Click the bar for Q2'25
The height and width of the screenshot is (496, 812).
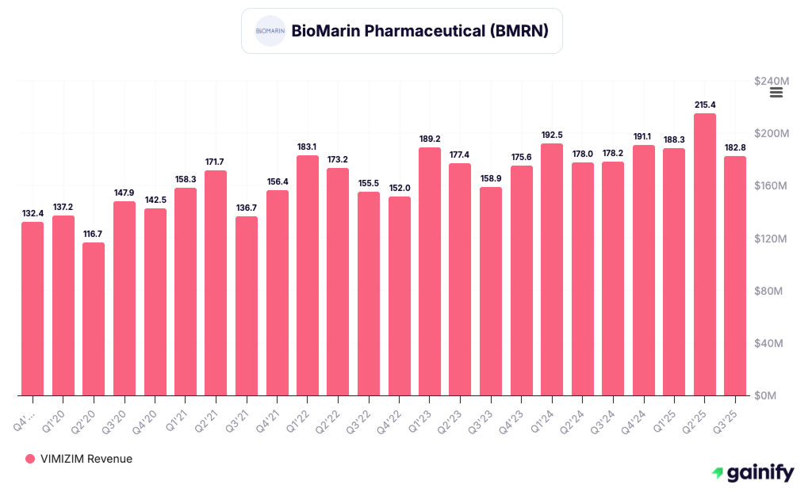pos(704,254)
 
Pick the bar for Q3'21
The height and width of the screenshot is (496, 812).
pos(247,306)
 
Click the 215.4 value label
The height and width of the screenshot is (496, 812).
pos(704,105)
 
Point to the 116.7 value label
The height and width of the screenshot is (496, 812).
pos(94,234)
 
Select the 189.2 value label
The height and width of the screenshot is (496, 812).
pos(430,139)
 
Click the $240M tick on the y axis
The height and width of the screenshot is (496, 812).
pos(772,82)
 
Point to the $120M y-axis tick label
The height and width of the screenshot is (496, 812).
pos(772,238)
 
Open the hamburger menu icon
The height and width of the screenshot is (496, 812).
pos(776,93)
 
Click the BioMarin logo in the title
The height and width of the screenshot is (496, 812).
pos(270,31)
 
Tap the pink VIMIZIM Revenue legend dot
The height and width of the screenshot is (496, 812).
pos(30,459)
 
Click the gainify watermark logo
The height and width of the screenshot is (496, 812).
pos(753,473)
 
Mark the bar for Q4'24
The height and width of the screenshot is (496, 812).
pos(644,270)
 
